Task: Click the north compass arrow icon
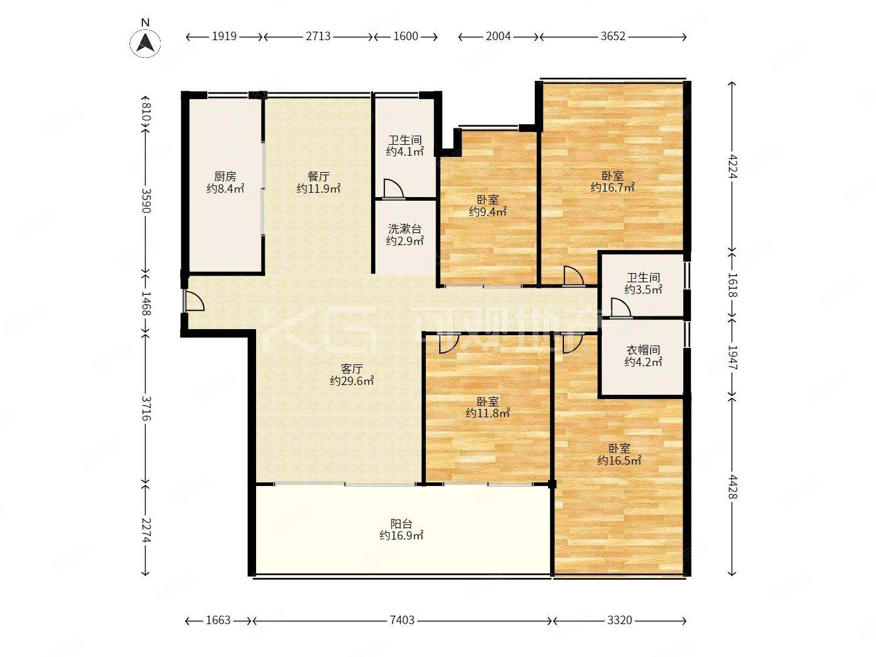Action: [145, 43]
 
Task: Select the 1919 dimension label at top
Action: [224, 36]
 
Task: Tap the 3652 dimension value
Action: [613, 36]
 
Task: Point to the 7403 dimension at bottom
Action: [402, 620]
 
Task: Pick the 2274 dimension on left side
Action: [145, 530]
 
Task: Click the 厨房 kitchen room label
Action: [225, 176]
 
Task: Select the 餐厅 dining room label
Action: [319, 176]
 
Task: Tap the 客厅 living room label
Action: [352, 369]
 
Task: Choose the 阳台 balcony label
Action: [401, 523]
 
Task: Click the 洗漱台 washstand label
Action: [405, 229]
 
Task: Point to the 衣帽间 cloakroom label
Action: [644, 350]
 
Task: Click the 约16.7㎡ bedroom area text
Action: [613, 187]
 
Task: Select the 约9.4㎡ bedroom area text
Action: [488, 212]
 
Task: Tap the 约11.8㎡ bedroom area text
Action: [488, 413]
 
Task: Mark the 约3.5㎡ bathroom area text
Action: [644, 290]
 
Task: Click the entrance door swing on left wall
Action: [193, 301]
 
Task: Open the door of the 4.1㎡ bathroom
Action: [394, 189]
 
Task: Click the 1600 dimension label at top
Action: [406, 36]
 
